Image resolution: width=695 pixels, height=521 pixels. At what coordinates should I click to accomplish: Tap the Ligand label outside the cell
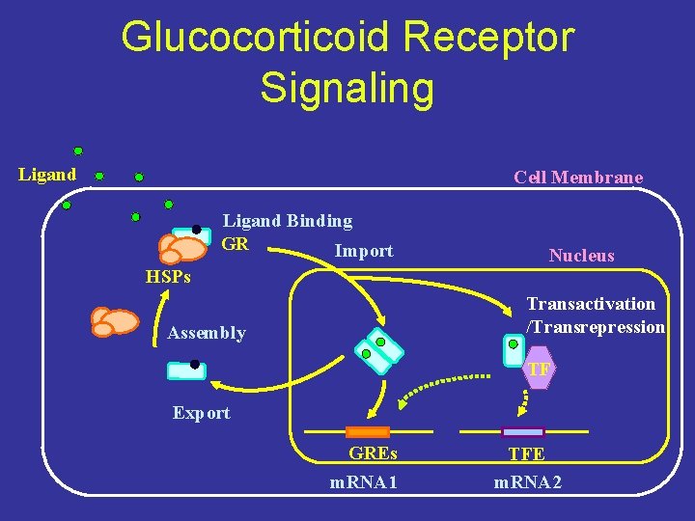(47, 175)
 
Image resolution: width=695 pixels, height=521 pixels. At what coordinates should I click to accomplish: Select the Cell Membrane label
(578, 177)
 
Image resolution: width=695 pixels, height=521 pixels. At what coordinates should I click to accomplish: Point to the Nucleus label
(581, 256)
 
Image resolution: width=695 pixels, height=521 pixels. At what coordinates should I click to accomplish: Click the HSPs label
(168, 278)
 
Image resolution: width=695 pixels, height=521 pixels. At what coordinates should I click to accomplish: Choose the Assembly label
(207, 333)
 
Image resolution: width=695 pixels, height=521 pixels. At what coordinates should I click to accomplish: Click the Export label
(201, 413)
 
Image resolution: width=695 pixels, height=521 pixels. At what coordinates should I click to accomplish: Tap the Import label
(363, 251)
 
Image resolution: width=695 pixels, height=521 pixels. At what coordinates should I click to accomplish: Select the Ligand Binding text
(288, 221)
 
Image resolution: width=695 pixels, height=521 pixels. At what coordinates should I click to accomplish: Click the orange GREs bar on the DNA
(368, 431)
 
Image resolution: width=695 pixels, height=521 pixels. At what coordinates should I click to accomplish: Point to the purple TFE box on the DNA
(523, 431)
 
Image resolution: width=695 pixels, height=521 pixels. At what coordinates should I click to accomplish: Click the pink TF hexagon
(539, 370)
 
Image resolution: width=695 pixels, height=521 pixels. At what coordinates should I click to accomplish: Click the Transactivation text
(591, 304)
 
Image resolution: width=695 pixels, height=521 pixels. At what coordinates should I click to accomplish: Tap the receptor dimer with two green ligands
(376, 349)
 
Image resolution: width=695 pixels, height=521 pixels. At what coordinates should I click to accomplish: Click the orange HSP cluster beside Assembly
(114, 320)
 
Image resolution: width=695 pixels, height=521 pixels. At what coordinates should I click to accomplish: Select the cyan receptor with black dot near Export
(186, 370)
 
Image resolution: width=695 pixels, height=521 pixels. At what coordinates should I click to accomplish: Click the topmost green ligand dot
(78, 151)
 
